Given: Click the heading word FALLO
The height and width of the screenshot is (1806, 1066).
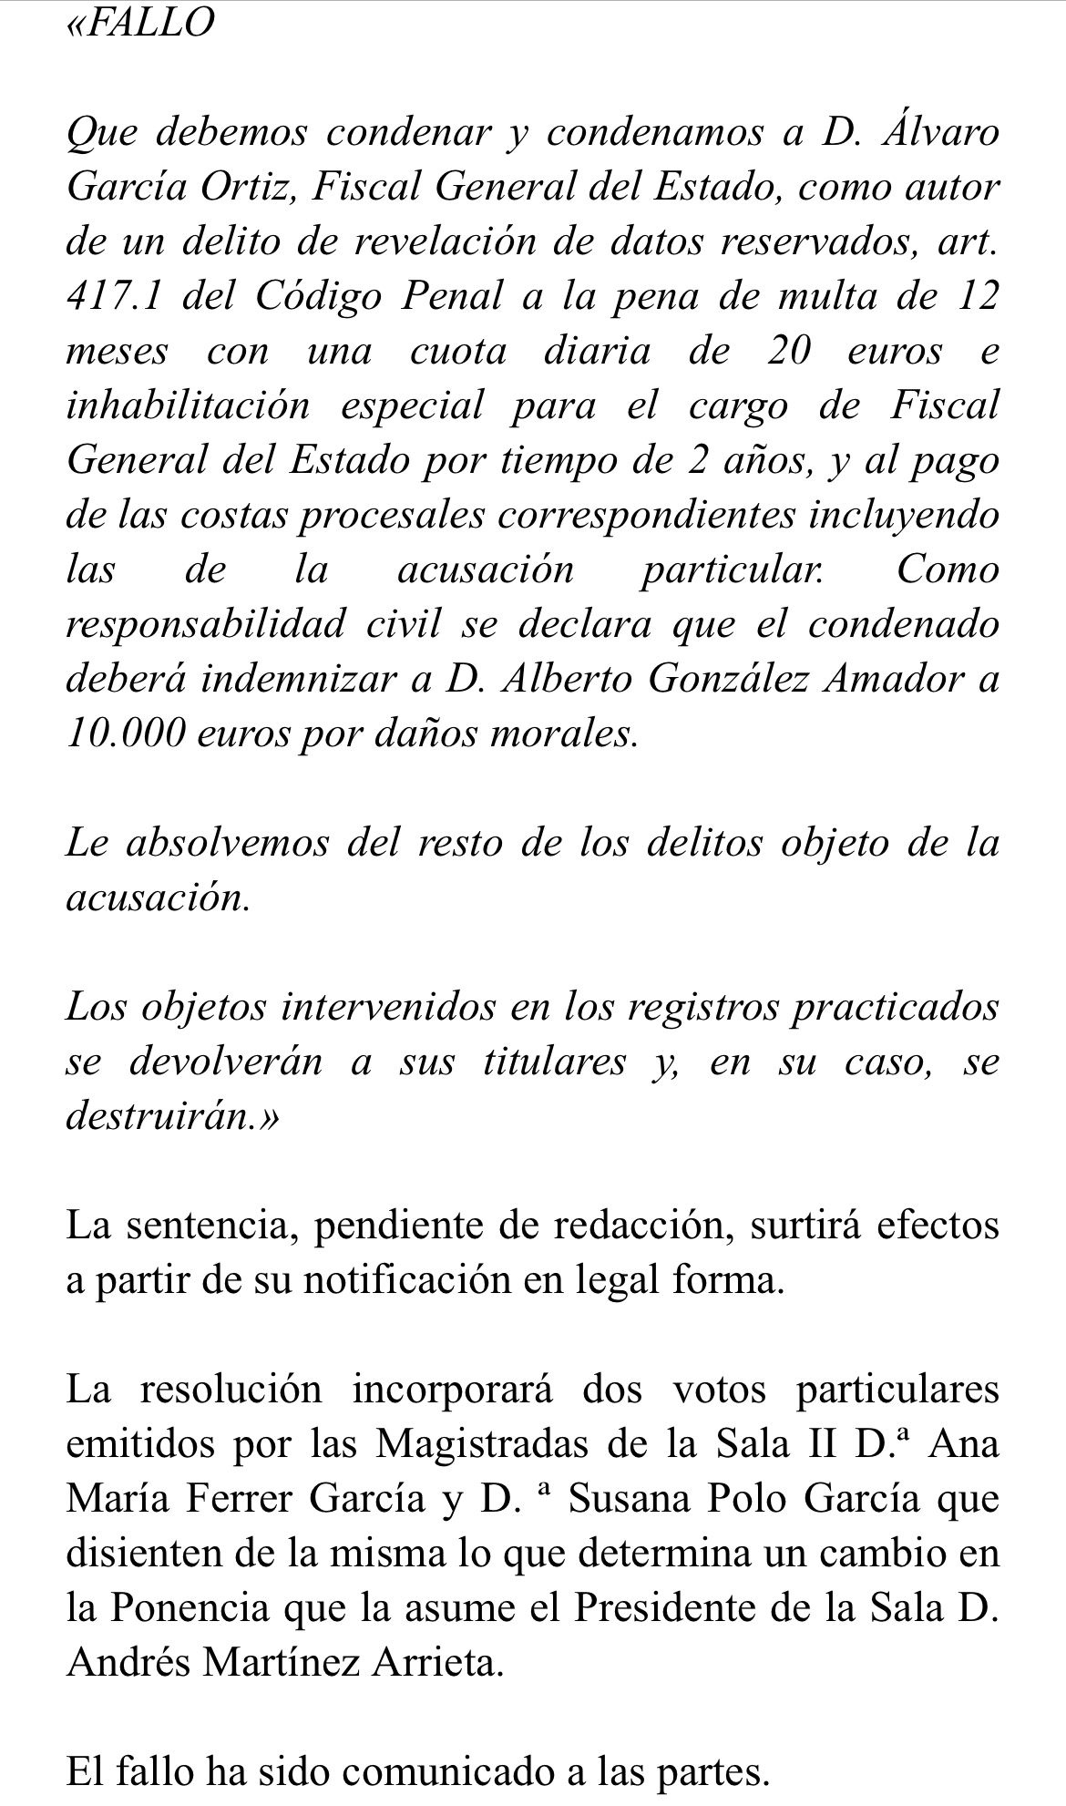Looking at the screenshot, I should (x=149, y=23).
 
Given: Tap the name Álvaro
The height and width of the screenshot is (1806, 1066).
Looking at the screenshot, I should (x=942, y=133).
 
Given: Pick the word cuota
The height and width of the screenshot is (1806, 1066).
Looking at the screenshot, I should (x=457, y=352).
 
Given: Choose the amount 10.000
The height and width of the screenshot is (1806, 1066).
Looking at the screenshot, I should (x=124, y=734).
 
